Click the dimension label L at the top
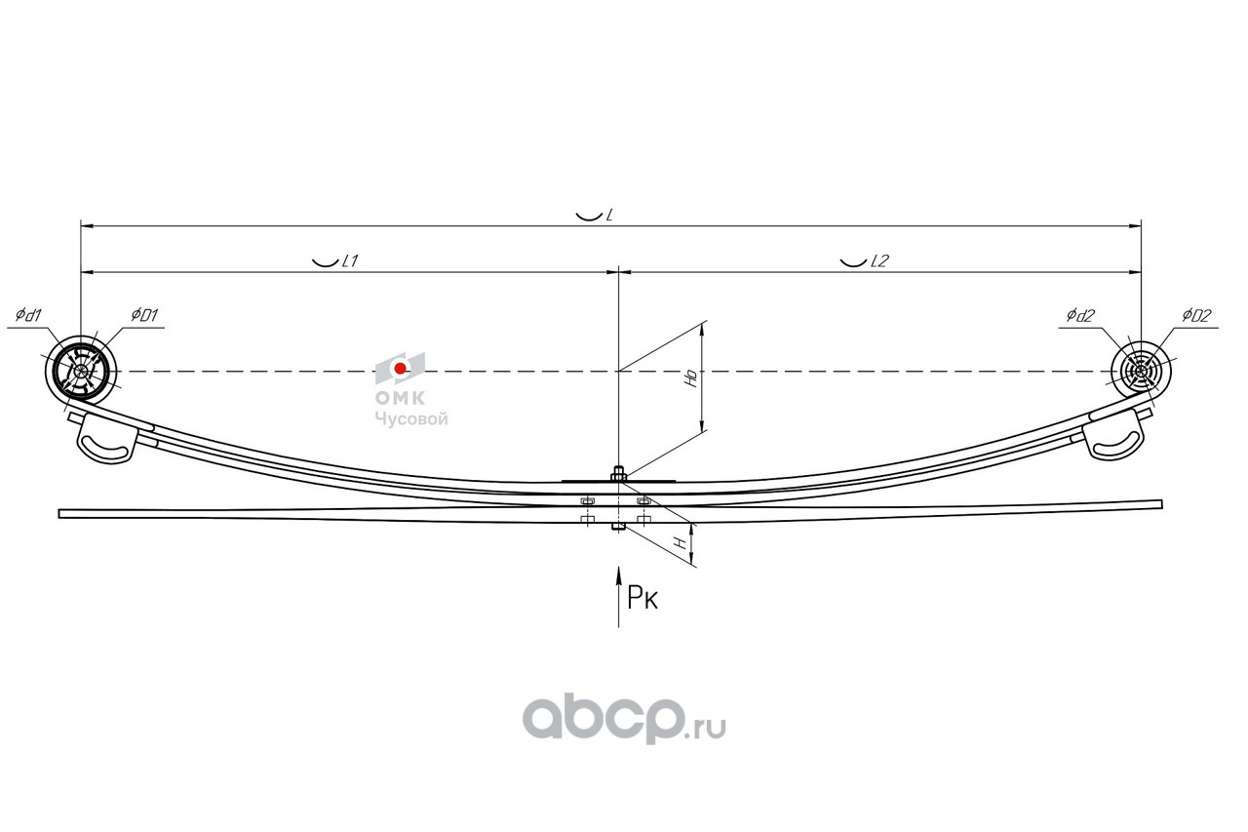(608, 215)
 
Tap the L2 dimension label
(878, 261)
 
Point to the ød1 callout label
(28, 315)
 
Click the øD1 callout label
(144, 315)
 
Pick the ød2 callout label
(1081, 315)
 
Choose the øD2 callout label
(1196, 315)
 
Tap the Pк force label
(643, 598)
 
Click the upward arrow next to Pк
(617, 595)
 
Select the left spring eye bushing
(82, 371)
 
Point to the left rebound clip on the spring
(104, 438)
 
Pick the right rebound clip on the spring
(1115, 435)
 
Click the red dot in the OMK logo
(400, 368)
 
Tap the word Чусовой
(411, 419)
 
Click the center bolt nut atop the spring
(618, 475)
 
